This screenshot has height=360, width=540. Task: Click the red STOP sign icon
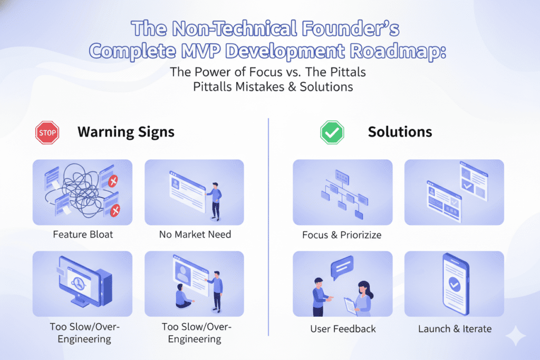(47, 132)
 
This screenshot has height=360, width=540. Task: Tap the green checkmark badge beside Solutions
(332, 132)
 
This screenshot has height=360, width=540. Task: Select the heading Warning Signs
(126, 132)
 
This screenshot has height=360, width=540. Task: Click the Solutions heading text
(400, 132)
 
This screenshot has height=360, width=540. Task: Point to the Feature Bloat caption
(83, 235)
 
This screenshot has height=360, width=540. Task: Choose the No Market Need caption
(195, 235)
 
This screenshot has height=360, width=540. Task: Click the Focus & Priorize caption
(342, 235)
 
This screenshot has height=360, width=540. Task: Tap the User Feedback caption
(343, 329)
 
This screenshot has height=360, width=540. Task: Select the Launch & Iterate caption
(455, 329)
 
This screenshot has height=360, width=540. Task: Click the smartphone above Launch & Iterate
(455, 284)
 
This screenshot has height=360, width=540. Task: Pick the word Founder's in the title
(351, 28)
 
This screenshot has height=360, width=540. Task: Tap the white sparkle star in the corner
(516, 336)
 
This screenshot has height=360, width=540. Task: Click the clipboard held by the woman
(350, 306)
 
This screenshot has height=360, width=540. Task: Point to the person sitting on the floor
(183, 296)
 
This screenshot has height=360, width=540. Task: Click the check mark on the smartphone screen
(454, 284)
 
